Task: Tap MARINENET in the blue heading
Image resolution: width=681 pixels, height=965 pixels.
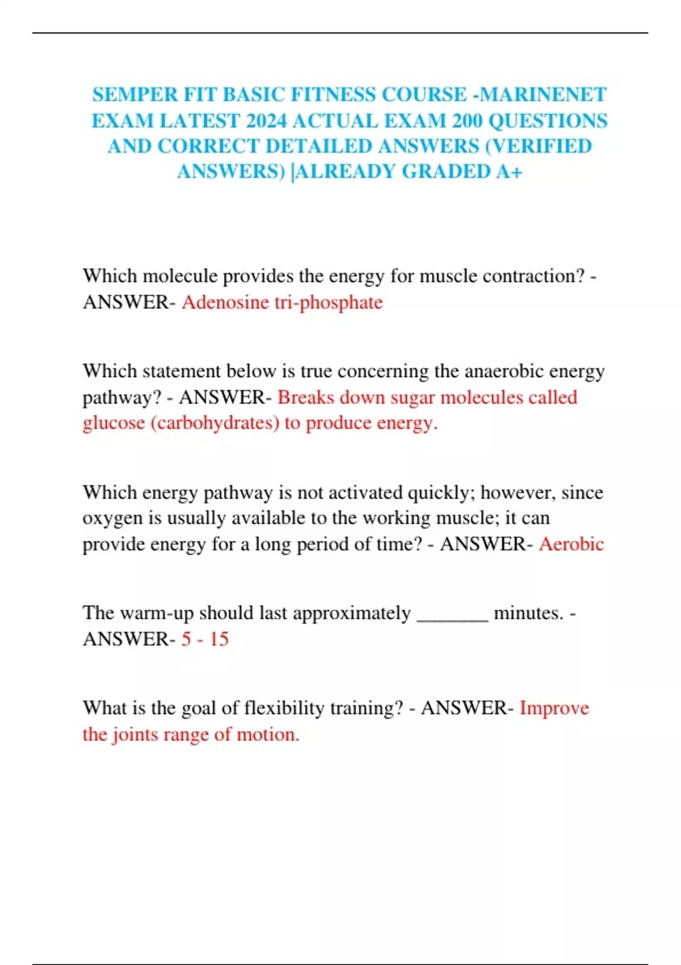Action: point(543,94)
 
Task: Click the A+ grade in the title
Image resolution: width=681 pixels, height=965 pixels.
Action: point(508,171)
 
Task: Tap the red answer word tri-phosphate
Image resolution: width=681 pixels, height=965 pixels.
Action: point(329,302)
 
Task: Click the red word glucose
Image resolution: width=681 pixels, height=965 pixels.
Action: point(113,423)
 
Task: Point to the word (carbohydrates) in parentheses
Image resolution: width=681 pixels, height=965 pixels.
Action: point(215,423)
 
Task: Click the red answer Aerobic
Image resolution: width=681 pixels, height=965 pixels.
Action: point(571,544)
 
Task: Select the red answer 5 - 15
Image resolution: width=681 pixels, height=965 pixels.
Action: point(205,639)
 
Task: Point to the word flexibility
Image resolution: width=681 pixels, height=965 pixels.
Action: point(284,708)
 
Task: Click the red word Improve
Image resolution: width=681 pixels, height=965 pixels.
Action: point(554,708)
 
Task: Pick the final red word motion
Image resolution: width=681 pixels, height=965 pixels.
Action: point(267,735)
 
